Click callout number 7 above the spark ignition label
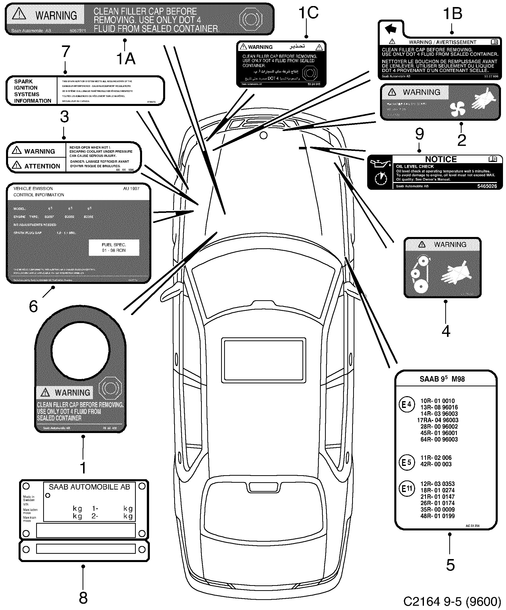click(x=66, y=52)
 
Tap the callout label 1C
click(x=308, y=13)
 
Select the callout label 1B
click(x=453, y=14)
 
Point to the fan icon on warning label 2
click(x=458, y=109)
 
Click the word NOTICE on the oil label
click(x=441, y=159)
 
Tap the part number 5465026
click(x=487, y=186)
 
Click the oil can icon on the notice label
click(x=379, y=165)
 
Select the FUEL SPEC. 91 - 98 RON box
click(x=114, y=248)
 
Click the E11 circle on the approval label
click(x=407, y=489)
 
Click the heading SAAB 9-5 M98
click(x=442, y=379)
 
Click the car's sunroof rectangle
click(x=264, y=360)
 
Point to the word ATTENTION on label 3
click(x=42, y=166)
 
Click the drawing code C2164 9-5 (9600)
click(x=452, y=601)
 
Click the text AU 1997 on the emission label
click(x=131, y=189)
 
